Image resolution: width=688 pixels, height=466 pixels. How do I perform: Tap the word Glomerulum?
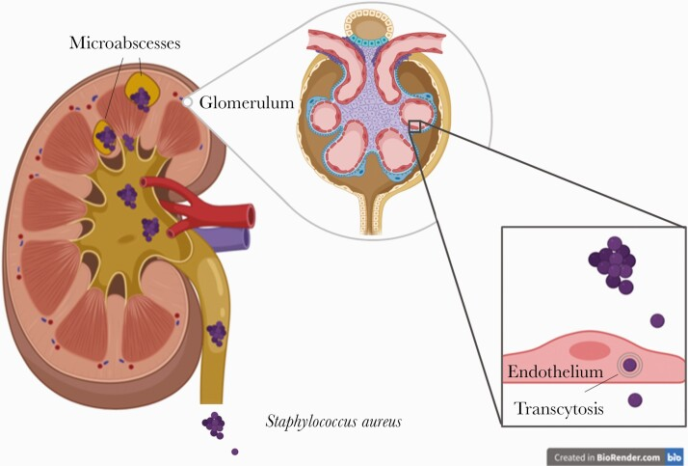click(x=245, y=101)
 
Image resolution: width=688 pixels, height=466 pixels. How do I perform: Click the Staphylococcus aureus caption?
click(x=333, y=422)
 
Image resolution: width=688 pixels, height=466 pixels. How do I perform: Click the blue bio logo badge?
click(x=675, y=456)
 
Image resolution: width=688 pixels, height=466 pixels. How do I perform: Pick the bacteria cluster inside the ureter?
click(x=217, y=333)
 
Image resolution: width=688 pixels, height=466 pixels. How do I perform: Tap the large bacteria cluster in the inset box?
click(x=613, y=264)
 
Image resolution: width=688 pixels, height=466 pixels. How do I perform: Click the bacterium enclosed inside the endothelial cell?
click(x=630, y=365)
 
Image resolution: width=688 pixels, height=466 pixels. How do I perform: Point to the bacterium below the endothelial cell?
click(x=635, y=399)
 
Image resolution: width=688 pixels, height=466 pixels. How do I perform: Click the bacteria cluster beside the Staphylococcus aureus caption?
click(x=213, y=423)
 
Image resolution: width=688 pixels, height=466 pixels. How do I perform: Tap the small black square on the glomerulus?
click(x=415, y=126)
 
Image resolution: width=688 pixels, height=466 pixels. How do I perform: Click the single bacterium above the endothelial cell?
click(x=657, y=320)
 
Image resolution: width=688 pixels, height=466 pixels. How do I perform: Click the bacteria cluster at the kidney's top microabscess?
click(x=142, y=97)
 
